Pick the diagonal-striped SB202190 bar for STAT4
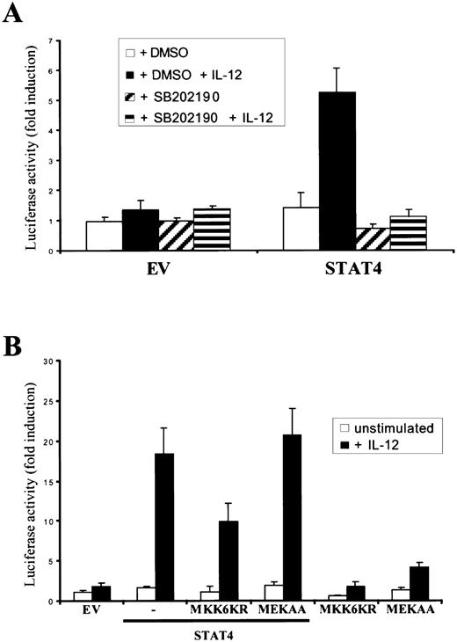(x=381, y=240)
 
